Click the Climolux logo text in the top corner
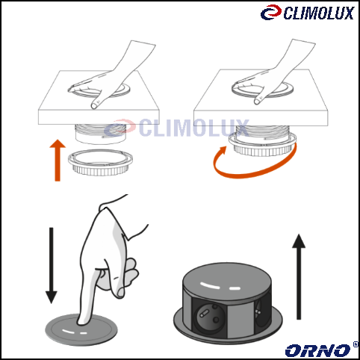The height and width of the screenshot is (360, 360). click(x=319, y=13)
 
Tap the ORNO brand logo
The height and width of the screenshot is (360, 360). click(x=318, y=350)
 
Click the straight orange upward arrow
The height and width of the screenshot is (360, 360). click(x=58, y=161)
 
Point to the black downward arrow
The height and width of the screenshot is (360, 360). click(x=52, y=265)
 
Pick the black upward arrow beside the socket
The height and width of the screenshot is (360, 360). click(x=299, y=276)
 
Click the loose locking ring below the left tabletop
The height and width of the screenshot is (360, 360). click(x=100, y=162)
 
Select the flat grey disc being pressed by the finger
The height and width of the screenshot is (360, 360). click(x=81, y=329)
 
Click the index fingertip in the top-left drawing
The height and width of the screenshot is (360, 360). click(x=94, y=106)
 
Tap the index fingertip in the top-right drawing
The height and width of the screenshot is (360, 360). click(x=257, y=101)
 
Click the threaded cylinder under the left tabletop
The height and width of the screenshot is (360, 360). click(x=101, y=134)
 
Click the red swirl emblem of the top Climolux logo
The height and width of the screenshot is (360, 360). click(x=271, y=12)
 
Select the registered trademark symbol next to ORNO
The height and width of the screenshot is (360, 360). click(x=356, y=344)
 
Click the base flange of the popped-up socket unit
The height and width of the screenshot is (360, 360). click(x=228, y=335)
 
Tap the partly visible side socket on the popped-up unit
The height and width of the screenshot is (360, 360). click(x=261, y=312)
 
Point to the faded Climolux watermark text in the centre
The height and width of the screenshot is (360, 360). click(x=194, y=128)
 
